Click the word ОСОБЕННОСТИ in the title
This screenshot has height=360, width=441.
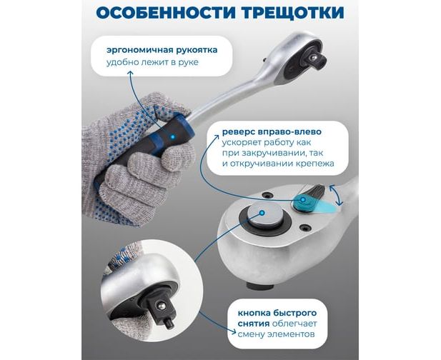click(x=166, y=13)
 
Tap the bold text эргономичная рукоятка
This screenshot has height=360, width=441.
click(x=162, y=50)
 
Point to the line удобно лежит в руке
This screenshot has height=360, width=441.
click(x=152, y=62)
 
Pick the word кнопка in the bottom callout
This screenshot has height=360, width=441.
click(x=252, y=313)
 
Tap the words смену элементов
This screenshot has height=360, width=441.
click(x=276, y=334)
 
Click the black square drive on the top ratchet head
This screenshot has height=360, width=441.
click(x=315, y=59)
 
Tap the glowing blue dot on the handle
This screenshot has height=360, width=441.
click(x=173, y=137)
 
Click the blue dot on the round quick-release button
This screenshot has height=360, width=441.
click(x=262, y=213)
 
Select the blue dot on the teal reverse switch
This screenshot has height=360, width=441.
click(x=303, y=200)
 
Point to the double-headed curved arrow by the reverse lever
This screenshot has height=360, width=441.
click(x=336, y=195)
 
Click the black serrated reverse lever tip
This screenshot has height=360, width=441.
click(x=317, y=191)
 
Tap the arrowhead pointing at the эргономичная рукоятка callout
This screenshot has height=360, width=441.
click(x=130, y=74)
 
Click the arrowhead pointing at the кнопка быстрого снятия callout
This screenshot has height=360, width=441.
click(x=233, y=331)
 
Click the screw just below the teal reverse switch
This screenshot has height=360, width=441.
click(x=304, y=227)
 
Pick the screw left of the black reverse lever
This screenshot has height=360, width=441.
click(x=266, y=195)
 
